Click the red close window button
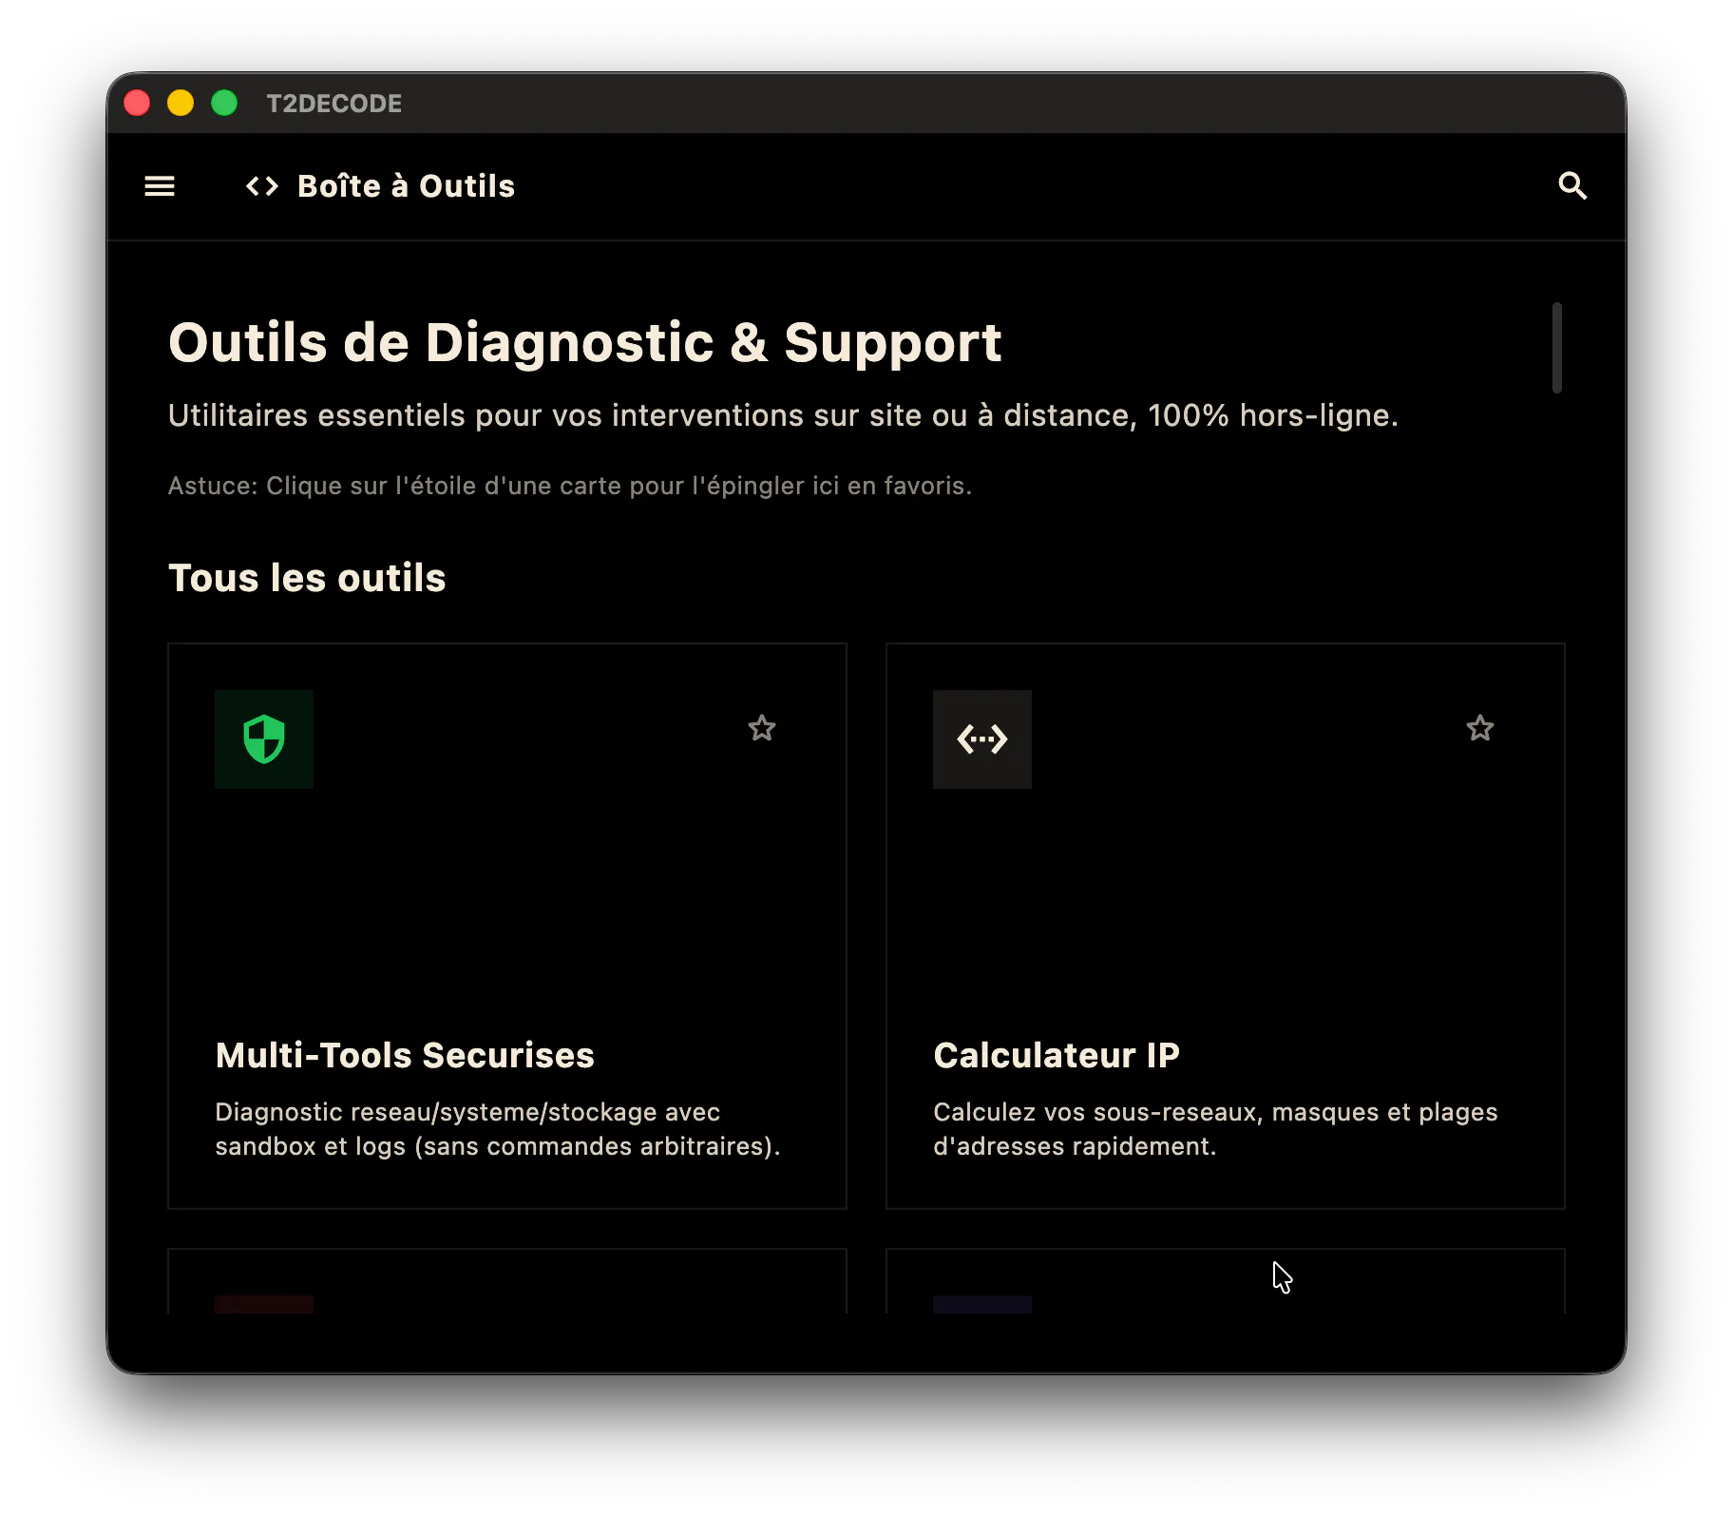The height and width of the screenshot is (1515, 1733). [x=137, y=103]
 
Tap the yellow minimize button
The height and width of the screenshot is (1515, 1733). [x=181, y=103]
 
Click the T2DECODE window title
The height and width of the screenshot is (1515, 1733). [x=333, y=104]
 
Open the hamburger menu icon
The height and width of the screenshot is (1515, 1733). [x=160, y=186]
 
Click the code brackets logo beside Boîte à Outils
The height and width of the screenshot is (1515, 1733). [x=262, y=186]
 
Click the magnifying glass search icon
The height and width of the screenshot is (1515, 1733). [x=1572, y=186]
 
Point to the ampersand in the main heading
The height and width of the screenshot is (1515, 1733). [x=749, y=343]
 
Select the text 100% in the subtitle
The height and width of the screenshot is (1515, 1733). [x=1188, y=415]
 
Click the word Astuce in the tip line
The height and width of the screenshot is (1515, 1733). [x=210, y=486]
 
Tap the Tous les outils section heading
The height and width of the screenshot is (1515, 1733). [x=307, y=578]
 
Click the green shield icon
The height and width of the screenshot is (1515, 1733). [x=264, y=738]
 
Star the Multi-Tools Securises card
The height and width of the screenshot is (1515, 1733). [x=762, y=728]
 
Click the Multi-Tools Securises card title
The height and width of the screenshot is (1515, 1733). [x=405, y=1055]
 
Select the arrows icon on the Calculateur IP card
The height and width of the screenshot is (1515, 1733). [x=982, y=738]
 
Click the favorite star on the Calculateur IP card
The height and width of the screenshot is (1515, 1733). [x=1480, y=728]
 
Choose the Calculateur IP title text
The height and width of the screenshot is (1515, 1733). [x=1057, y=1055]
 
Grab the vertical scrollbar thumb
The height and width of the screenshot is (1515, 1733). [x=1557, y=347]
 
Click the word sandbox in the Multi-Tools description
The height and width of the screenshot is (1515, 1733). [x=265, y=1146]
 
